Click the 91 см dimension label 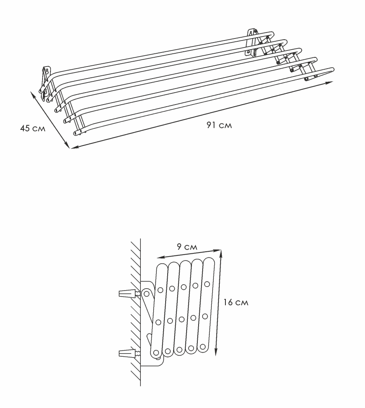pyautogui.click(x=219, y=125)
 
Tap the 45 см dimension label pyautogui.click(x=32, y=128)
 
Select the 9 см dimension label pyautogui.click(x=187, y=246)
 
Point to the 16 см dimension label pyautogui.click(x=236, y=302)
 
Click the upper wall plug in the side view pyautogui.click(x=127, y=293)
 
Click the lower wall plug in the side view pyautogui.click(x=127, y=353)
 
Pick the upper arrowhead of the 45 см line pyautogui.click(x=32, y=94)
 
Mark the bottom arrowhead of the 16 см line pyautogui.click(x=216, y=352)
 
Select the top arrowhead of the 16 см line pyautogui.click(x=221, y=254)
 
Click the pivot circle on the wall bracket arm pyautogui.click(x=146, y=294)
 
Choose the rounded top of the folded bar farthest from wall pyautogui.click(x=209, y=261)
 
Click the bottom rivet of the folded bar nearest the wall pyautogui.click(x=156, y=353)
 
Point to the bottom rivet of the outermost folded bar pyautogui.click(x=203, y=347)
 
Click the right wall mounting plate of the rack pyautogui.click(x=251, y=42)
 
